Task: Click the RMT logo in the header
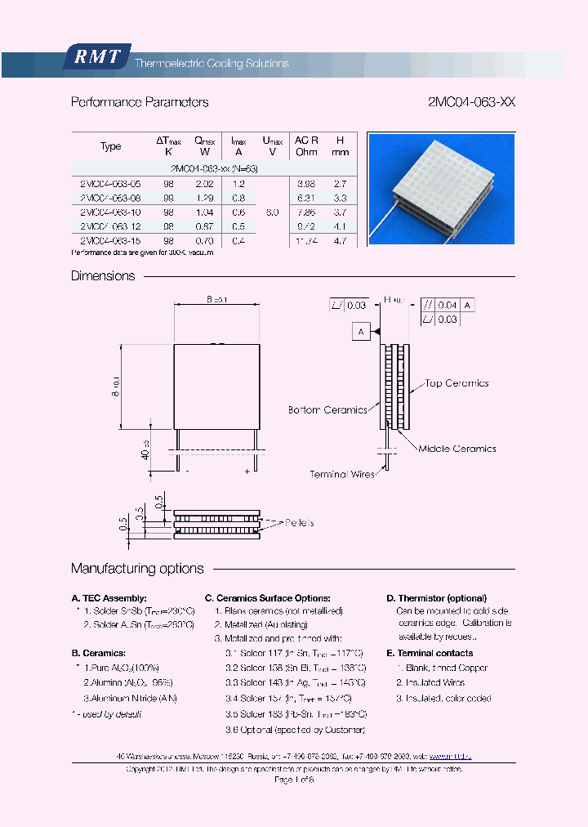click(97, 57)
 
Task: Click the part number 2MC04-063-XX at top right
click(471, 103)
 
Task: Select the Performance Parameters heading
click(140, 103)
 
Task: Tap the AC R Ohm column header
click(307, 146)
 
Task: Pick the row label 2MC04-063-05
click(110, 185)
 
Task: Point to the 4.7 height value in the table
click(341, 241)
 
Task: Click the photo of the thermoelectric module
click(441, 189)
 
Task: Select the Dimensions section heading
click(103, 276)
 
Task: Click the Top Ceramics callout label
click(457, 383)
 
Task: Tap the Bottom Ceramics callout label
click(327, 410)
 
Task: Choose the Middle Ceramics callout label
click(457, 449)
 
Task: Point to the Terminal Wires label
click(343, 474)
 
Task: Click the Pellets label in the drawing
click(300, 522)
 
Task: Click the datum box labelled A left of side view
click(361, 331)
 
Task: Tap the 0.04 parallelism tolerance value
click(448, 305)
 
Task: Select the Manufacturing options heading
click(137, 569)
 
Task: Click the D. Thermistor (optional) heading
click(436, 598)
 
